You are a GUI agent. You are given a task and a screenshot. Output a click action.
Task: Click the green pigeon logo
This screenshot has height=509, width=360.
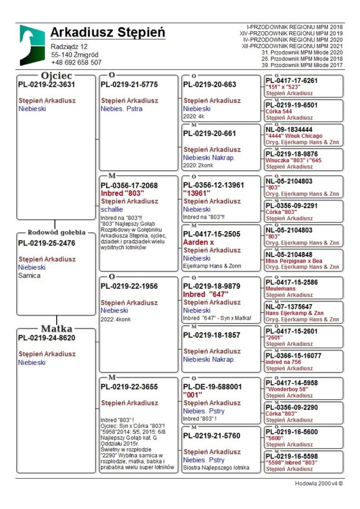(32, 45)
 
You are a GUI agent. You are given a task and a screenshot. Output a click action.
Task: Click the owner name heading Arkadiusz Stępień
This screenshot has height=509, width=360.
(108, 33)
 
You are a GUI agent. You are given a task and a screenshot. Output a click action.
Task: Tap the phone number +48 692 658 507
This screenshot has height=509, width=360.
(76, 63)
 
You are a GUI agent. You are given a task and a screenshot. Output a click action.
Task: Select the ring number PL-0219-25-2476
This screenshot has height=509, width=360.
(47, 243)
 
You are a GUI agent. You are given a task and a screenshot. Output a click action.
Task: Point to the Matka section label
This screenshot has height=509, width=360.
(57, 328)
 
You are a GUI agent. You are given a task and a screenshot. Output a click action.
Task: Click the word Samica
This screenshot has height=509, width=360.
(29, 275)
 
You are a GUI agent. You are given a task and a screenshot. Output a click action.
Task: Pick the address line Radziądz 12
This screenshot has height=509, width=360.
(69, 46)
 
